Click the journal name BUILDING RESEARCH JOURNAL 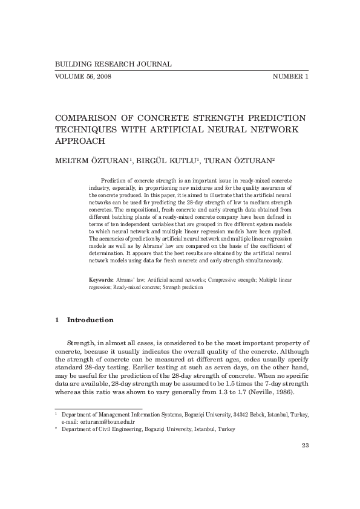[x=113, y=63]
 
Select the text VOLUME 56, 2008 [x=83, y=77]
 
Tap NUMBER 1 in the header [x=290, y=77]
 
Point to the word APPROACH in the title [x=80, y=141]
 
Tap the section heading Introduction [x=90, y=319]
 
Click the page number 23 [x=305, y=446]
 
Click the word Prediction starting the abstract [x=113, y=181]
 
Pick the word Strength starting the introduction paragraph [x=82, y=343]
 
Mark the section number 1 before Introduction [x=56, y=319]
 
